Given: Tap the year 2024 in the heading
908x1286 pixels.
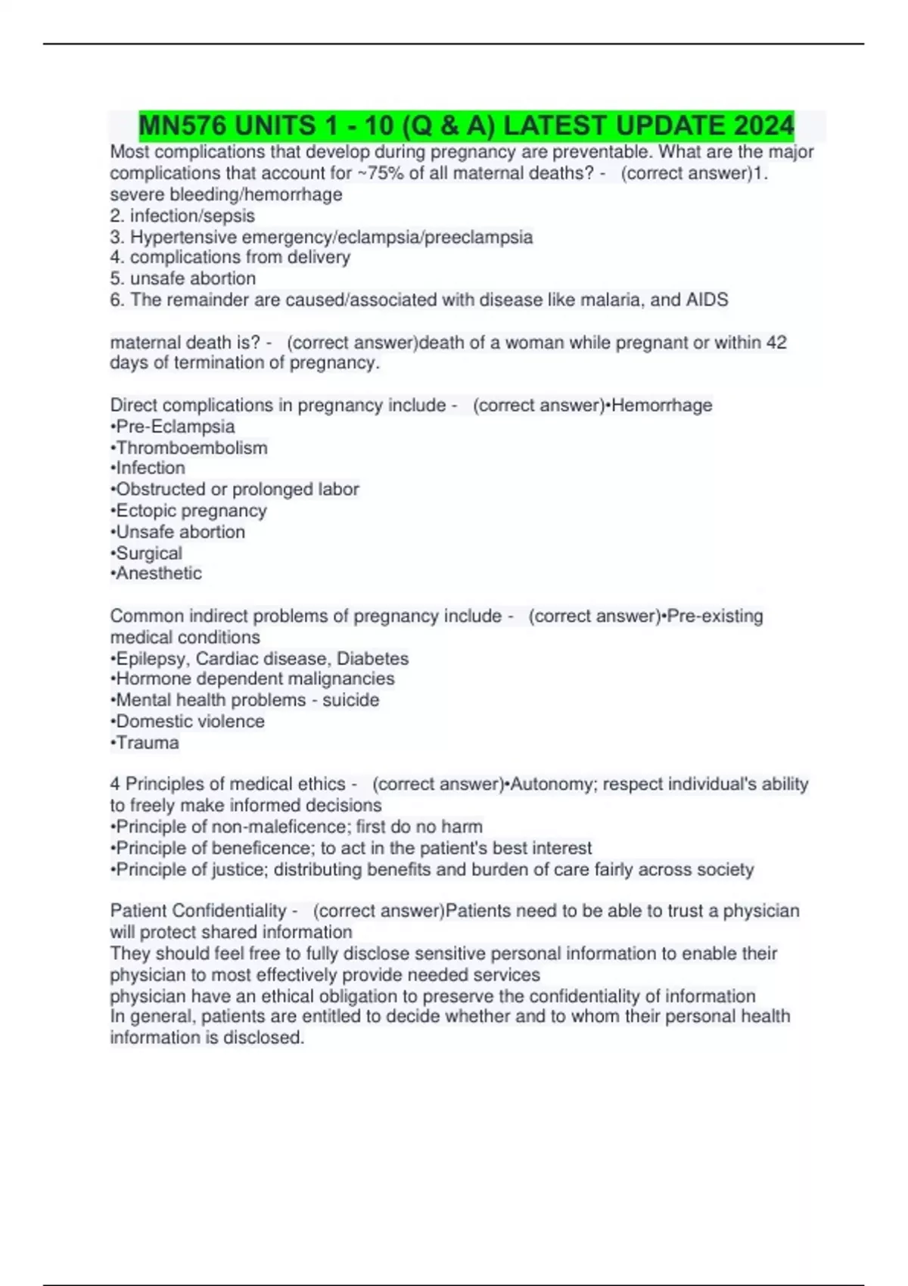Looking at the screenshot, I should [763, 126].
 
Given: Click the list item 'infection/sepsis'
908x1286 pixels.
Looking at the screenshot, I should [192, 216].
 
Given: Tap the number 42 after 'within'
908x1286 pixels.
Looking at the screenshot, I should [776, 343].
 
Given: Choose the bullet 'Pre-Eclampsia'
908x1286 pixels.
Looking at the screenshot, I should [173, 427].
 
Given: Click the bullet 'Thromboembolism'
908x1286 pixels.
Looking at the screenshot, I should [189, 448].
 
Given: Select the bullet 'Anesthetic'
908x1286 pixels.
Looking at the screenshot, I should [157, 573].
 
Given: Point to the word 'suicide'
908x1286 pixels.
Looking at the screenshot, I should [351, 700].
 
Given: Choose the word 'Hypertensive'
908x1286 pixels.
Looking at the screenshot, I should [183, 238].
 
